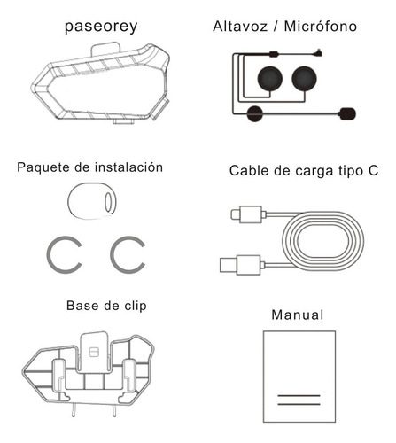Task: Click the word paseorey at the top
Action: (101, 27)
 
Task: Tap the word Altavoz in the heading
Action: (240, 26)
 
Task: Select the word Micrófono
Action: (321, 26)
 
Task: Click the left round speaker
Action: (270, 79)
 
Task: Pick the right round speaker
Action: (304, 79)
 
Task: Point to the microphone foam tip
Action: (347, 113)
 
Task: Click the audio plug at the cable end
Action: (318, 53)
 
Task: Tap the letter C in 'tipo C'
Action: (373, 171)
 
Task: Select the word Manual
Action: (298, 315)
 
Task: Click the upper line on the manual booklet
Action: (299, 395)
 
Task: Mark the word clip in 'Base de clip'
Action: (136, 306)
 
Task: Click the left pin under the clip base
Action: (74, 410)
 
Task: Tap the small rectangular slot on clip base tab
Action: (94, 352)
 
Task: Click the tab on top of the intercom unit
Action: (105, 50)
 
